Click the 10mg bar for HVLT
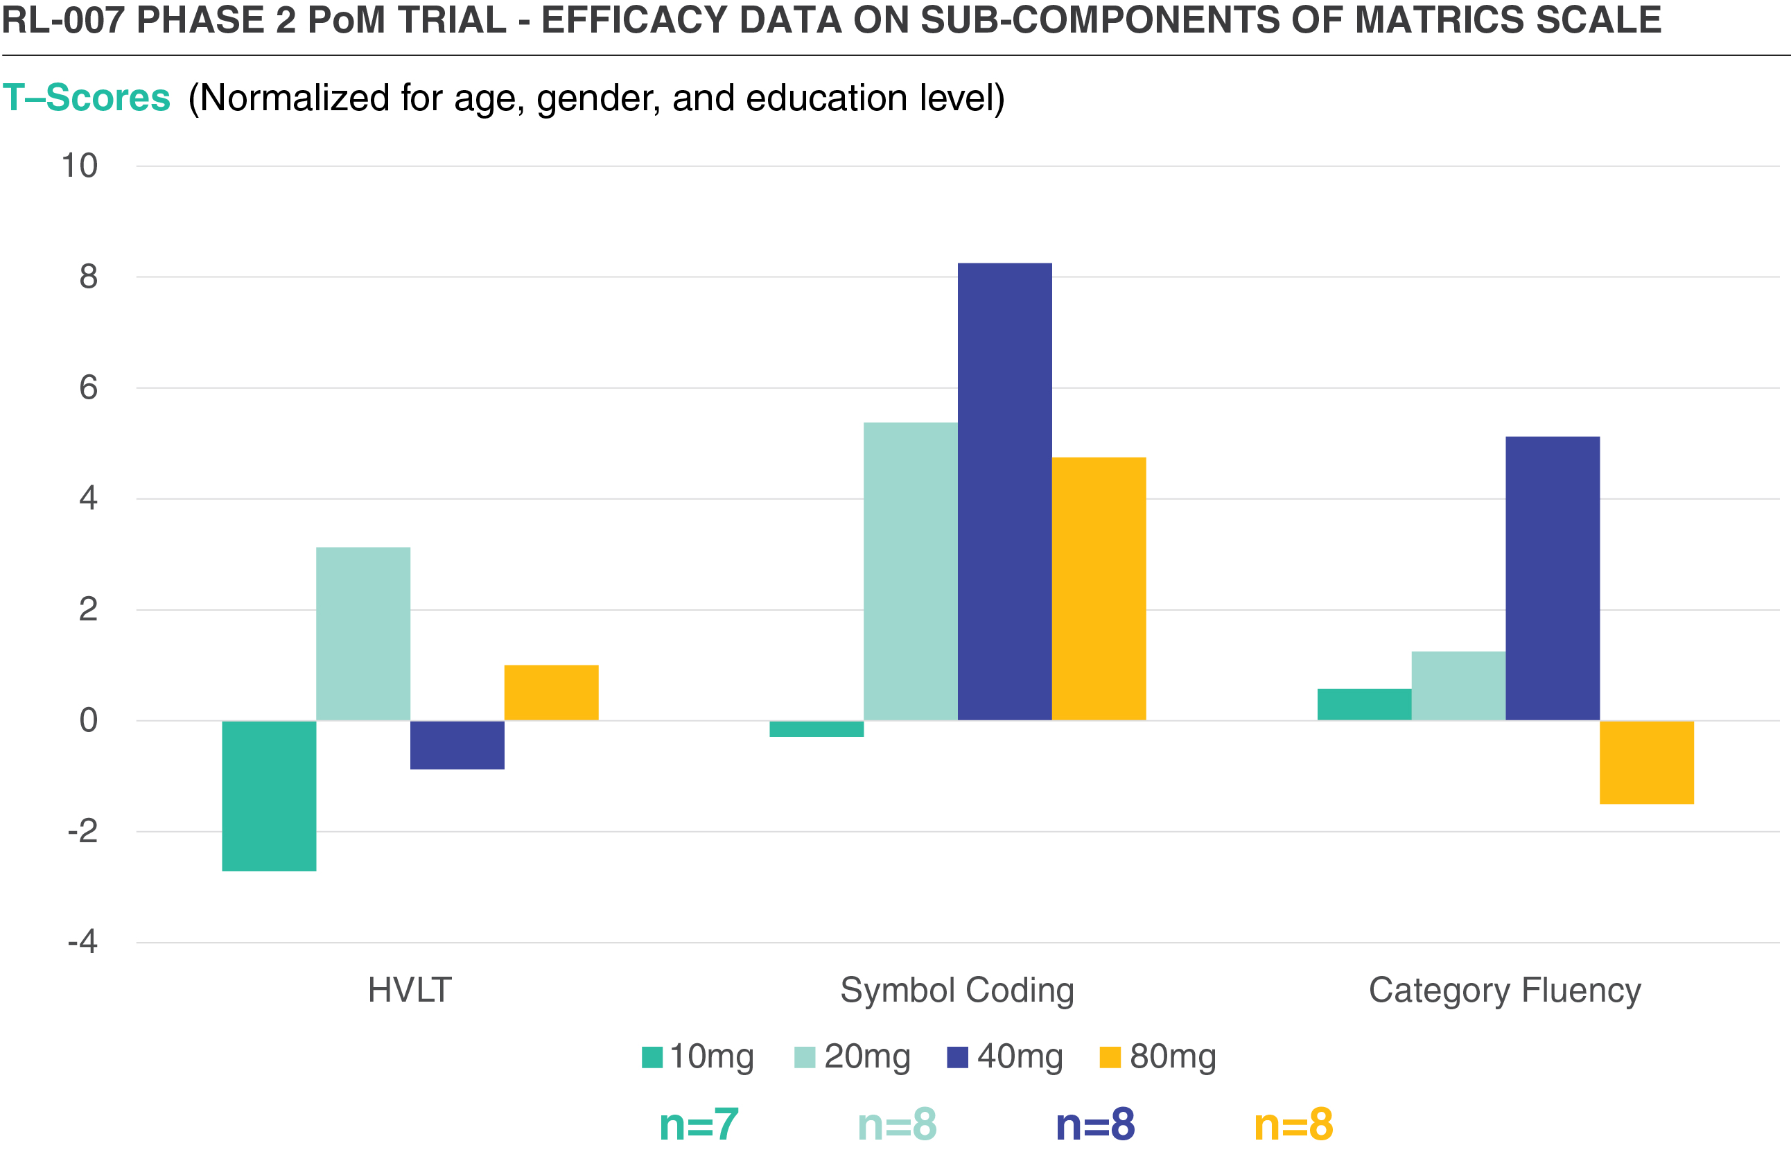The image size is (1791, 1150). [x=269, y=795]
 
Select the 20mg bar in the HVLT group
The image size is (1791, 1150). [x=362, y=634]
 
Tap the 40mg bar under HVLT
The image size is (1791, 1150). [x=457, y=744]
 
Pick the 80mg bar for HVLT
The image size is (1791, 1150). [x=551, y=692]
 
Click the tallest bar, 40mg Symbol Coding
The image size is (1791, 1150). [x=1004, y=491]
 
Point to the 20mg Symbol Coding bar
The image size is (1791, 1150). [x=910, y=571]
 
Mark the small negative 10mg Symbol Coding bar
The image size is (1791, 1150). [x=816, y=729]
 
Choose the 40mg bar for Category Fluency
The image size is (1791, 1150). [x=1552, y=578]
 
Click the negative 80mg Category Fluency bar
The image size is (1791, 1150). [x=1646, y=763]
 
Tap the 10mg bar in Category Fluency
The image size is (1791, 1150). [x=1364, y=704]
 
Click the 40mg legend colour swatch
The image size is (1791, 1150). [x=957, y=1057]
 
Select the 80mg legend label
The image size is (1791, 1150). [x=1173, y=1056]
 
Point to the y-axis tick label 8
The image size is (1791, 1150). [x=88, y=277]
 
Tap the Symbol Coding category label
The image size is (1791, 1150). [x=957, y=990]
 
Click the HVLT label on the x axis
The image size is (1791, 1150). [x=410, y=990]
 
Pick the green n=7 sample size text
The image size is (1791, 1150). [x=699, y=1124]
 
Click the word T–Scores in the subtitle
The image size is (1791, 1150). [x=87, y=98]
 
